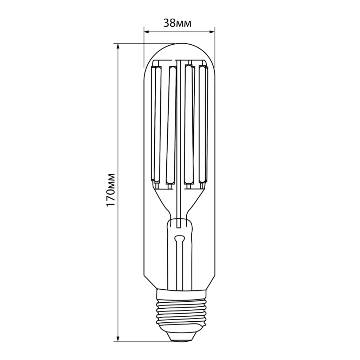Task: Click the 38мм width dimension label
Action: click(178, 23)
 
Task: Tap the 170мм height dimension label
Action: click(111, 190)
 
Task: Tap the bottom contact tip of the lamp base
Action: click(180, 338)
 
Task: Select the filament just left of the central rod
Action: click(171, 123)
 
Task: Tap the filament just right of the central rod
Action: click(189, 123)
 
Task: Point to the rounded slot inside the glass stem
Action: click(180, 239)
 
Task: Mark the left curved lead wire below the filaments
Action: click(162, 200)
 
